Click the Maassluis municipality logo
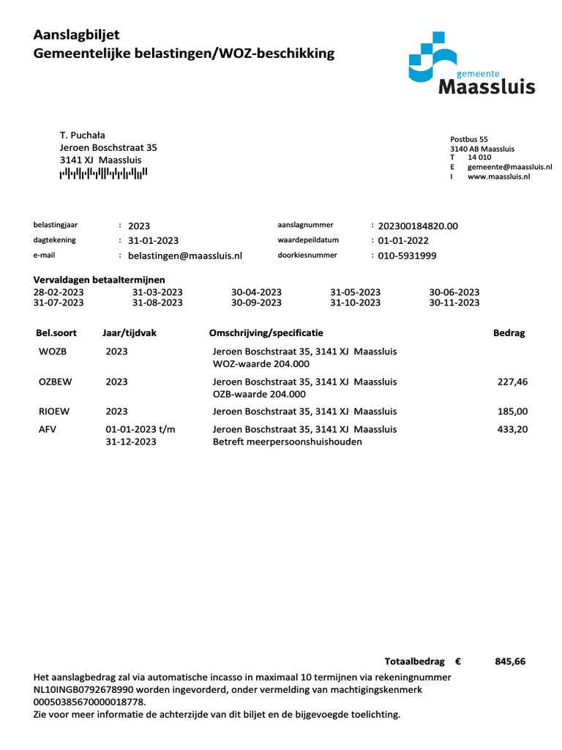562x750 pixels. coord(471,67)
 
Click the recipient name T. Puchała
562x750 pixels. coord(82,135)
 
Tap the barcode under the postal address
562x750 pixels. coord(103,174)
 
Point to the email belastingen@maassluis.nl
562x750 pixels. coord(184,256)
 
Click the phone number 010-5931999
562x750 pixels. coord(407,256)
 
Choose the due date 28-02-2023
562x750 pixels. coord(59,292)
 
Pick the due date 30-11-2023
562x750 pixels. coord(454,302)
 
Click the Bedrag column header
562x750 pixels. coord(509,333)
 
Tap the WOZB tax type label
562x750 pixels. coord(53,352)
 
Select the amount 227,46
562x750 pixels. coord(512,382)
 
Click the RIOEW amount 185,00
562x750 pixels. coord(512,412)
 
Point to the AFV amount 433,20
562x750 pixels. coord(512,429)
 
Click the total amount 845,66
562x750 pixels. coord(510,661)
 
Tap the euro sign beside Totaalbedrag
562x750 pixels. coord(457,661)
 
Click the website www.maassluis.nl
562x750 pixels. coord(498,177)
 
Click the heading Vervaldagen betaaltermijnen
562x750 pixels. coord(100,280)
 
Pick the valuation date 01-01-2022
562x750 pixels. coord(403,241)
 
